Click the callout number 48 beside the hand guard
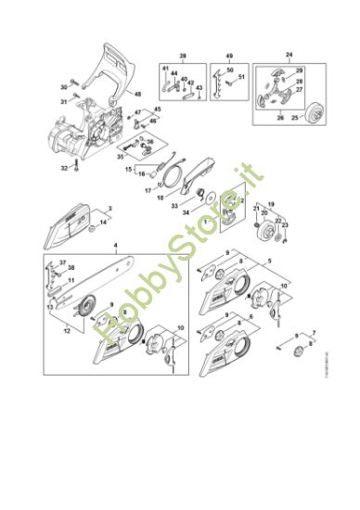point(138,93)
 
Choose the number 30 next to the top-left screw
point(65,86)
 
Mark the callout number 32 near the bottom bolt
point(64,168)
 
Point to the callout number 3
point(110,208)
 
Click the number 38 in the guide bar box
point(71,269)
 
